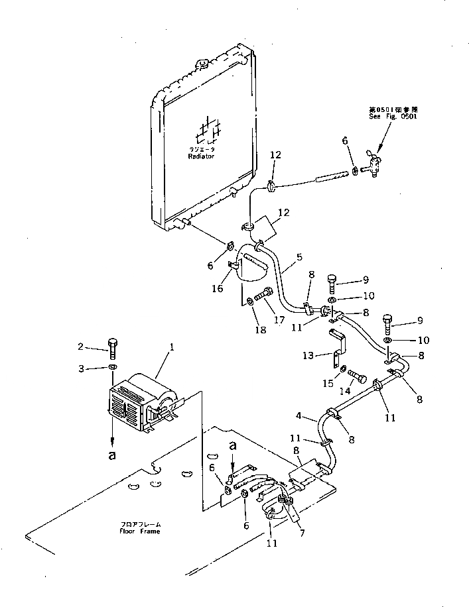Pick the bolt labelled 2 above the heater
click(x=112, y=347)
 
